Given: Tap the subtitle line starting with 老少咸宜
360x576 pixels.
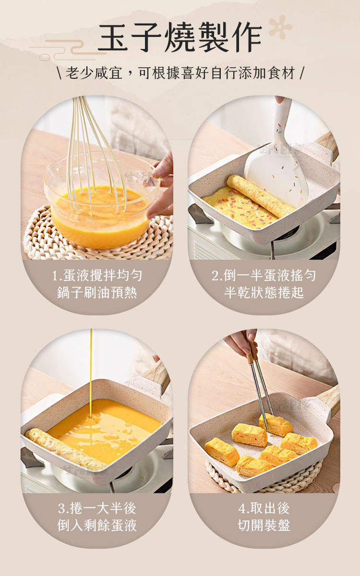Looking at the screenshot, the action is tap(180, 73).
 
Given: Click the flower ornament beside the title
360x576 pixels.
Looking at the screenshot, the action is tap(280, 26).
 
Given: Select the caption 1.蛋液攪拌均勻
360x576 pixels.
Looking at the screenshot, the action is tap(97, 276).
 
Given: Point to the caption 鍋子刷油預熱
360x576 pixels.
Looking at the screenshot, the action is tap(97, 293).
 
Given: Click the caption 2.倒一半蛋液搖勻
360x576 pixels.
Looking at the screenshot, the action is tap(264, 276).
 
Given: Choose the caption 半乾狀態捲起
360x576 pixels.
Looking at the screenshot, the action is tap(264, 293).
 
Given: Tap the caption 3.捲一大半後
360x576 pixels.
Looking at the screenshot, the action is tap(97, 508).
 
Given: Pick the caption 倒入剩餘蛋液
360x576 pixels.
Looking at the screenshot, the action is tap(97, 526).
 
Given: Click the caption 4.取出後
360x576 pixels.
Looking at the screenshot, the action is tap(264, 508).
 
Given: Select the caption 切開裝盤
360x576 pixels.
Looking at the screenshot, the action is tap(264, 526).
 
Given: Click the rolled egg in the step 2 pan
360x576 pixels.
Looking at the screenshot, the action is tap(260, 195).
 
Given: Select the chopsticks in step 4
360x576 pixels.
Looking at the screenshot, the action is tap(260, 386).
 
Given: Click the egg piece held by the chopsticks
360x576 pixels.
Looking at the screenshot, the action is tap(276, 424).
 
